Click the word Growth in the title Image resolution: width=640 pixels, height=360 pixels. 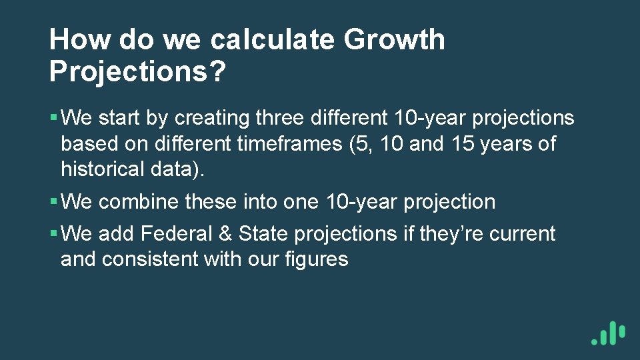(x=394, y=40)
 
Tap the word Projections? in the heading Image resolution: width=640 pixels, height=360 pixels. (x=137, y=71)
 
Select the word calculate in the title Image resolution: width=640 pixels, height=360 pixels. (x=273, y=40)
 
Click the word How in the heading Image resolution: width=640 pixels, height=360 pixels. (x=81, y=40)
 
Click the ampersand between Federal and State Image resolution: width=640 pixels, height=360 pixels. (x=227, y=234)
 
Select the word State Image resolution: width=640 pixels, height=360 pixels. (x=263, y=234)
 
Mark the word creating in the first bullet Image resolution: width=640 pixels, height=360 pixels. (x=212, y=118)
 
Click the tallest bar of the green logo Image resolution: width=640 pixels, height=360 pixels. (x=613, y=333)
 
